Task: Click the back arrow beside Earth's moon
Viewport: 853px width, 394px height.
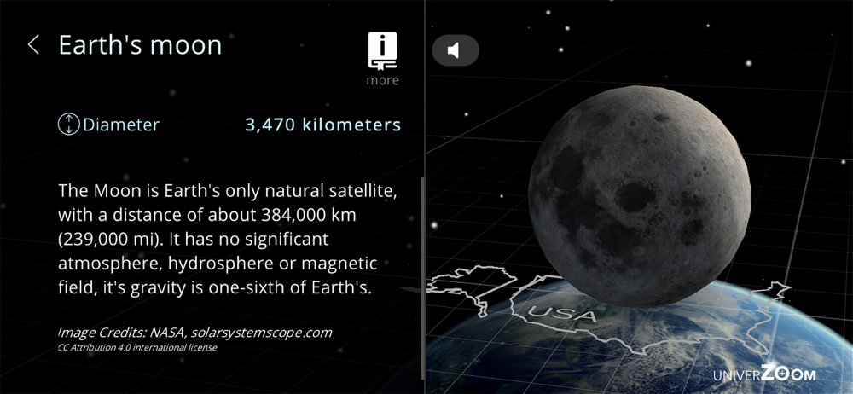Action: coord(33,44)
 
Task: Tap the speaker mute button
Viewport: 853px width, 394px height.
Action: coord(456,50)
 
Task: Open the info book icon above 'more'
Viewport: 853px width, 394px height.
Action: coord(382,51)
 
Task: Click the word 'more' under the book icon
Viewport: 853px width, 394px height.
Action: coord(382,80)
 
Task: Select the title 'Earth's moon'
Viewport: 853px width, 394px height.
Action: coord(141,44)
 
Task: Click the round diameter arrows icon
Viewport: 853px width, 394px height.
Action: coord(68,125)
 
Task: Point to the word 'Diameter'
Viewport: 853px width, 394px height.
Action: coord(121,125)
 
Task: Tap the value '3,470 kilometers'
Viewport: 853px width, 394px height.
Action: coord(323,125)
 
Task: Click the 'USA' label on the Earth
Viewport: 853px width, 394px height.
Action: coord(562,313)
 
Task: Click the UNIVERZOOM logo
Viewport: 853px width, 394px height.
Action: coord(764,374)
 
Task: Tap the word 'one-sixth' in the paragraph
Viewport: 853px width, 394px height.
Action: coord(246,288)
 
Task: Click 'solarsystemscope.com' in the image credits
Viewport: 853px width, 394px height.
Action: coord(261,333)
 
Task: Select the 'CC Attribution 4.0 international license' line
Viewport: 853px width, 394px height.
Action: coord(137,347)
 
